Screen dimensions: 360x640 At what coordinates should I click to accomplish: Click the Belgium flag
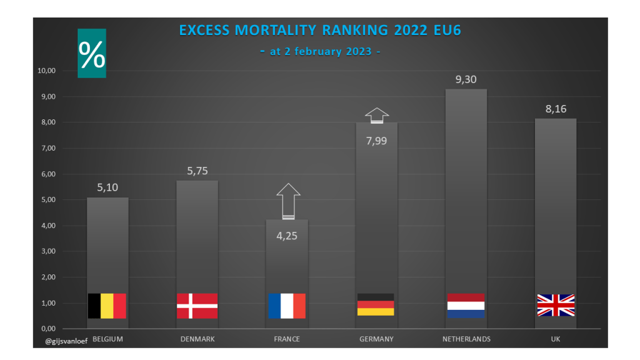pos(107,306)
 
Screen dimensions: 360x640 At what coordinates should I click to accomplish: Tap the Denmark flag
pos(197,306)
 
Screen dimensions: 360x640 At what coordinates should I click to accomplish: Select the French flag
pos(287,306)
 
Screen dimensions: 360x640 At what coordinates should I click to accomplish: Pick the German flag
pos(376,304)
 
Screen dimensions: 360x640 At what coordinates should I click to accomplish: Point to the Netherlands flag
pos(466,306)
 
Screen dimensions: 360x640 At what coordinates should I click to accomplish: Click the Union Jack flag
pos(556,306)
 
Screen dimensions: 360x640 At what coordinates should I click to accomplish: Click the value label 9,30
pos(466,79)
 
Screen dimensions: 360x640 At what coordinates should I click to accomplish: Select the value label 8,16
pos(556,109)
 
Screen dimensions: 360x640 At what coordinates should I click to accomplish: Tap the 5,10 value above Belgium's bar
pos(107,187)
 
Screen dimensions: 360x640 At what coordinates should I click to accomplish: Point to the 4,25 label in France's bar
pos(287,236)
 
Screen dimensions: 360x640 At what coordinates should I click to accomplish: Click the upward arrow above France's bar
pos(288,201)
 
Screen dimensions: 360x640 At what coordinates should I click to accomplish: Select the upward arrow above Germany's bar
pos(377,116)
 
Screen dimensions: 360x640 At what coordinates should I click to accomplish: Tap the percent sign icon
pos(92,54)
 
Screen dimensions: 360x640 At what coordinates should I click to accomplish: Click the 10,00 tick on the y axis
pos(47,71)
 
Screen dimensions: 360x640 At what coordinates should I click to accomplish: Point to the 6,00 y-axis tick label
pos(47,174)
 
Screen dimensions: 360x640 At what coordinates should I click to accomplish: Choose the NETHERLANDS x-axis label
pos(466,339)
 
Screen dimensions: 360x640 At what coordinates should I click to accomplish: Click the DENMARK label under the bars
pos(197,339)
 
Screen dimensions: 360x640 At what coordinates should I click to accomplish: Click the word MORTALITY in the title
pos(277,31)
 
